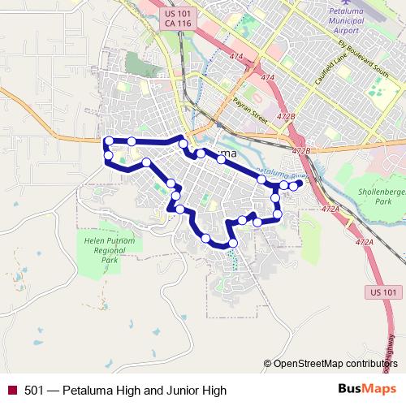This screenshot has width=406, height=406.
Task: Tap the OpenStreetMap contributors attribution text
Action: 335,363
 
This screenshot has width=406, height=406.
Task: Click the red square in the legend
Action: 11,391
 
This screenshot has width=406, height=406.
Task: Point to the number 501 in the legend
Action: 33,391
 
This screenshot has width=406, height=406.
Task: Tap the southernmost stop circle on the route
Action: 233,243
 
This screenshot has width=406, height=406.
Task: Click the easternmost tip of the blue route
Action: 300,184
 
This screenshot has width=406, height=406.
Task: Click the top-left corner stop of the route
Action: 108,141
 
